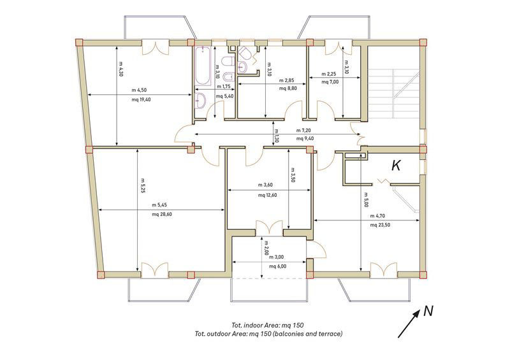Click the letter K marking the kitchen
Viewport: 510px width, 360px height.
pos(396,166)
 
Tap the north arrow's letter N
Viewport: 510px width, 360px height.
pos(428,311)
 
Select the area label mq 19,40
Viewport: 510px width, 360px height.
pos(141,99)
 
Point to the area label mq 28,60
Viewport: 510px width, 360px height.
pos(162,214)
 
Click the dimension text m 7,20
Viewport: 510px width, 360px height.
pos(303,131)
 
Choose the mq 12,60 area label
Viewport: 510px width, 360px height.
pos(267,195)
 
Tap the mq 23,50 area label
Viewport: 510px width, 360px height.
pos(380,225)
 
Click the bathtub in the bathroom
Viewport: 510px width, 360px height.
pos(202,66)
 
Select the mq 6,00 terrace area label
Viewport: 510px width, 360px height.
pos(278,266)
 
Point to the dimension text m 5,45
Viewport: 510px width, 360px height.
pos(159,205)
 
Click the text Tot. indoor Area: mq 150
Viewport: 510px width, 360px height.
pos(268,325)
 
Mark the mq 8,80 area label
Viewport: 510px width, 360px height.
pos(288,88)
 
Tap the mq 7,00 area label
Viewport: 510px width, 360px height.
pos(330,82)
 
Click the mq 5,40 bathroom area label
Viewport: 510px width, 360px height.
pos(225,96)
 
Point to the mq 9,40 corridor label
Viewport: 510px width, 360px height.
pos(305,138)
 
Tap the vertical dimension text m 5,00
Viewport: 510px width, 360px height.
pos(365,199)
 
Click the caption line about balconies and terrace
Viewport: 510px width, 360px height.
pos(268,334)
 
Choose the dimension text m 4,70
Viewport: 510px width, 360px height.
pos(378,215)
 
